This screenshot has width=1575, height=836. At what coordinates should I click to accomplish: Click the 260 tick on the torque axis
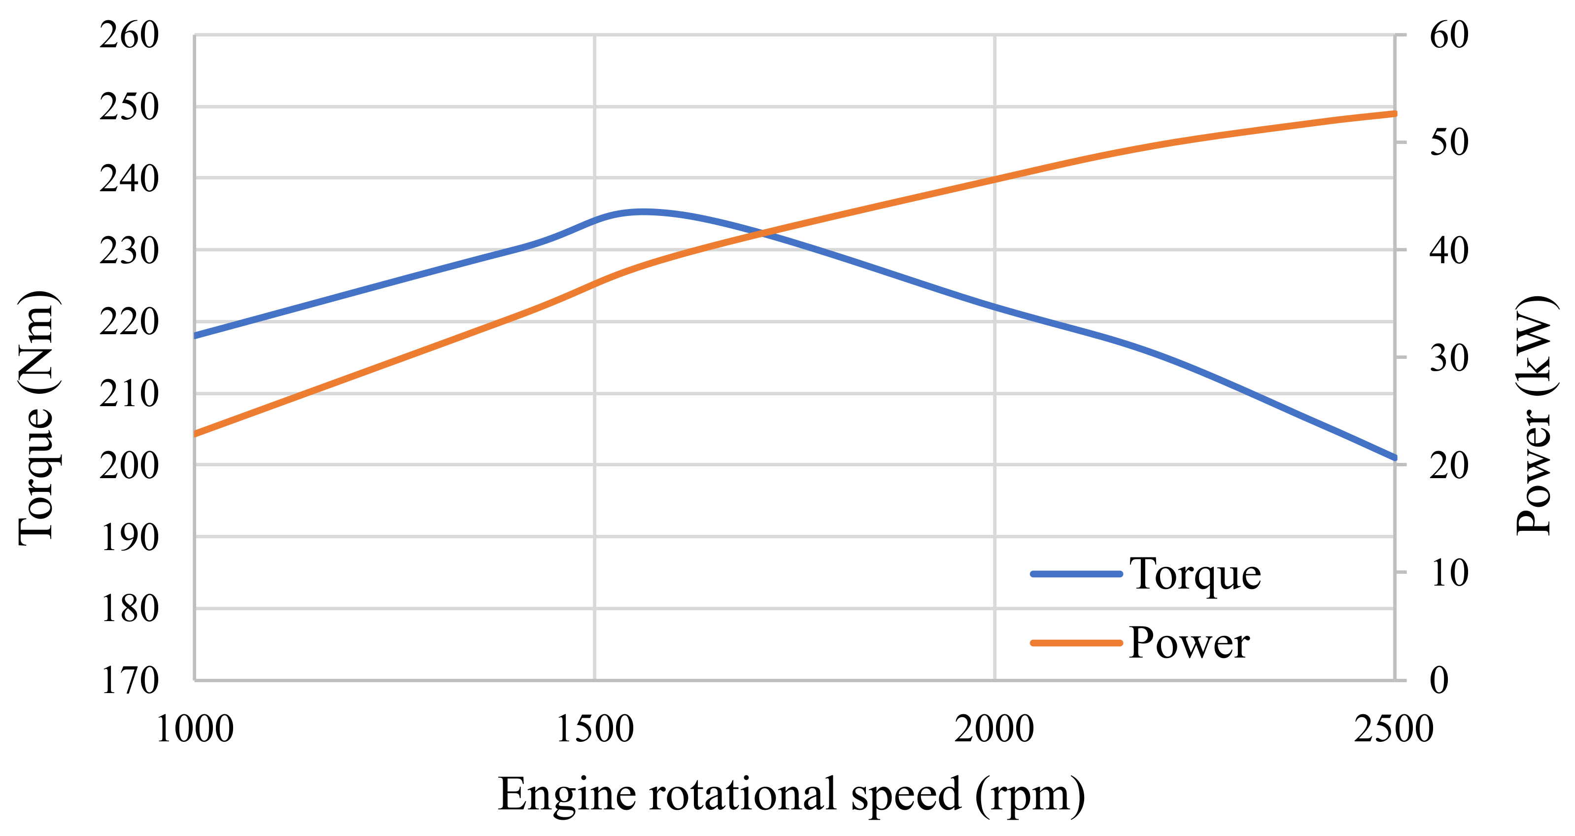tap(129, 35)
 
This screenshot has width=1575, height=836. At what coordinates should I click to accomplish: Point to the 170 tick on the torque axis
tap(129, 681)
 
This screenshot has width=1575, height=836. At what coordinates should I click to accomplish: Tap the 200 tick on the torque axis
tap(129, 465)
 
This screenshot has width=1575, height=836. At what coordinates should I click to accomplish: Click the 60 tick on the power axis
tap(1448, 35)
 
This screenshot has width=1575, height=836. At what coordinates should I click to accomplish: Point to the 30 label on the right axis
tap(1448, 358)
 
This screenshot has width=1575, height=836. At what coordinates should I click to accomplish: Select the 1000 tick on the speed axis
tap(195, 729)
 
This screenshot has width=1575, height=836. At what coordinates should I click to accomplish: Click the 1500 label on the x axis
tap(594, 729)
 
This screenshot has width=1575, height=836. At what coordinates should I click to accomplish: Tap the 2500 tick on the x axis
tap(1394, 729)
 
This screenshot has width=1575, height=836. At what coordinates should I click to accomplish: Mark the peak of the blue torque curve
tap(642, 211)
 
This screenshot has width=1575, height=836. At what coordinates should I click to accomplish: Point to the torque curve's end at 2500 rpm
tap(1395, 457)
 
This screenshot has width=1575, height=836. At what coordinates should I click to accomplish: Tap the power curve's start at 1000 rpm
tap(195, 434)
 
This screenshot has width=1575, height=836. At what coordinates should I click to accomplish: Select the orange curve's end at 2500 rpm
tap(1395, 114)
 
